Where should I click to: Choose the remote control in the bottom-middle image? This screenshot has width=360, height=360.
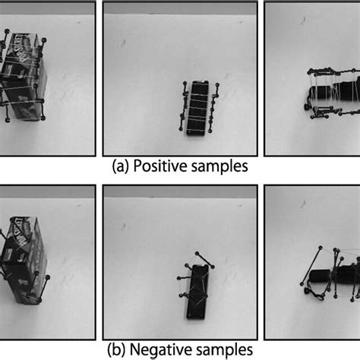(x=200, y=292)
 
